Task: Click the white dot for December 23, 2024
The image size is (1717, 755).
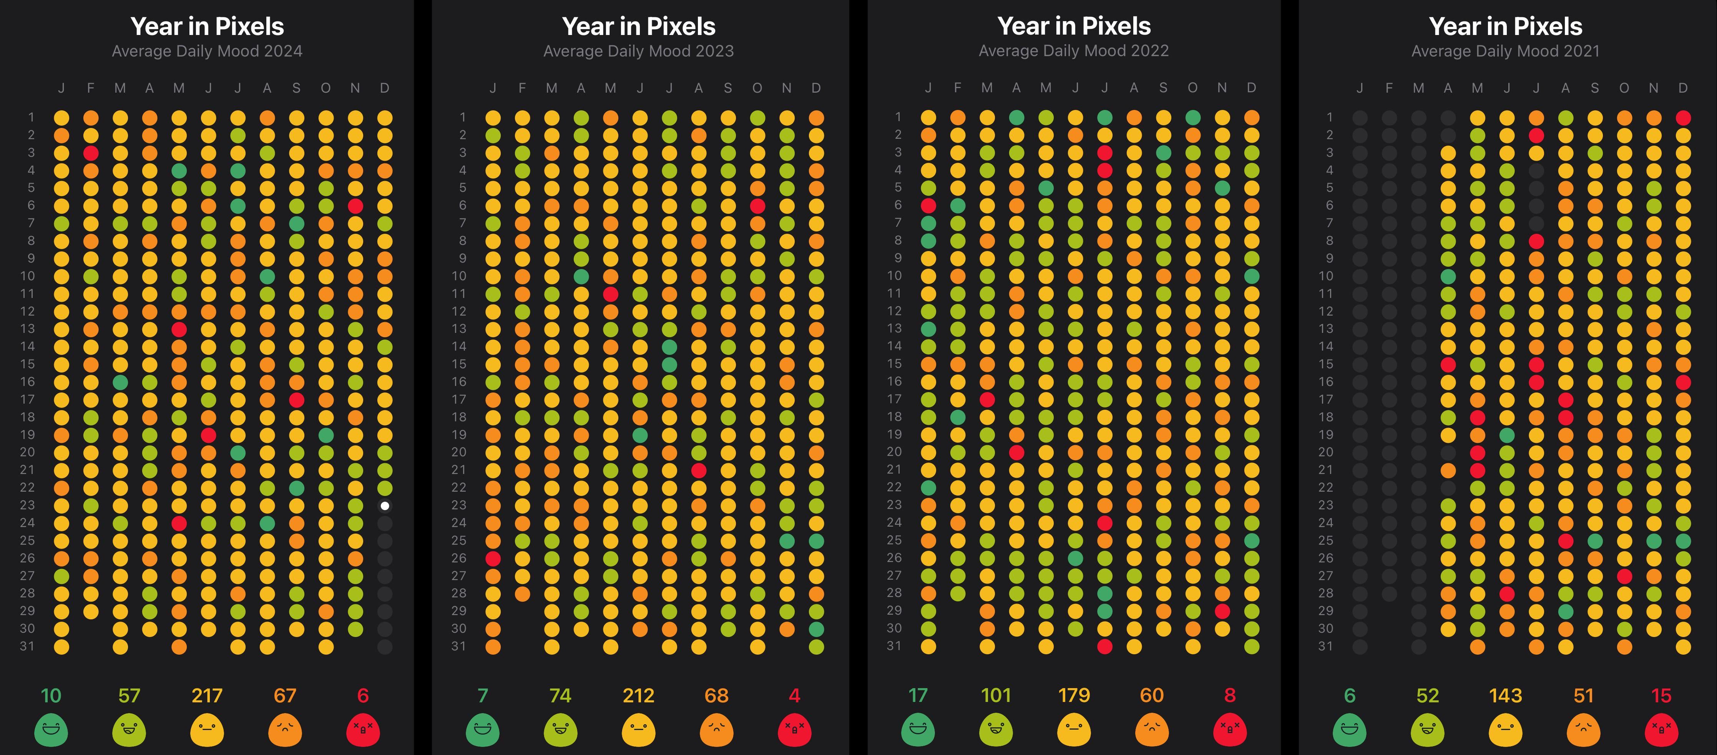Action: pyautogui.click(x=385, y=506)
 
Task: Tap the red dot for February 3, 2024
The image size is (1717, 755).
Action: pyautogui.click(x=91, y=153)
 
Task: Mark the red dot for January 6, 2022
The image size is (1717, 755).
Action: pyautogui.click(x=928, y=205)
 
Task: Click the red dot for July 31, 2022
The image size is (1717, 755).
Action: pyautogui.click(x=1104, y=645)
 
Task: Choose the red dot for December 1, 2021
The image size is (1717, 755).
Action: pyautogui.click(x=1683, y=117)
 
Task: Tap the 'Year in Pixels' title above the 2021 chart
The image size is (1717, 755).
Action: pyautogui.click(x=1505, y=26)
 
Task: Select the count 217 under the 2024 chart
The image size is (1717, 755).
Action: pyautogui.click(x=207, y=696)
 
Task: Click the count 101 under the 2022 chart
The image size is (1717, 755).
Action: pyautogui.click(x=996, y=696)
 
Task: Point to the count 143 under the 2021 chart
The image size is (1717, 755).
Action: pyautogui.click(x=1505, y=696)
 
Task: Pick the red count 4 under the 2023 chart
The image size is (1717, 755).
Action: pyautogui.click(x=794, y=696)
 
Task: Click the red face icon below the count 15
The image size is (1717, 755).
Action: pyautogui.click(x=1661, y=730)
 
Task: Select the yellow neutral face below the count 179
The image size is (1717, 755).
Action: pyautogui.click(x=1074, y=730)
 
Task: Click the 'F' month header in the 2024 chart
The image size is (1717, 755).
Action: pyautogui.click(x=91, y=88)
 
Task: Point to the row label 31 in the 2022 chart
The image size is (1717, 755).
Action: pyautogui.click(x=894, y=645)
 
